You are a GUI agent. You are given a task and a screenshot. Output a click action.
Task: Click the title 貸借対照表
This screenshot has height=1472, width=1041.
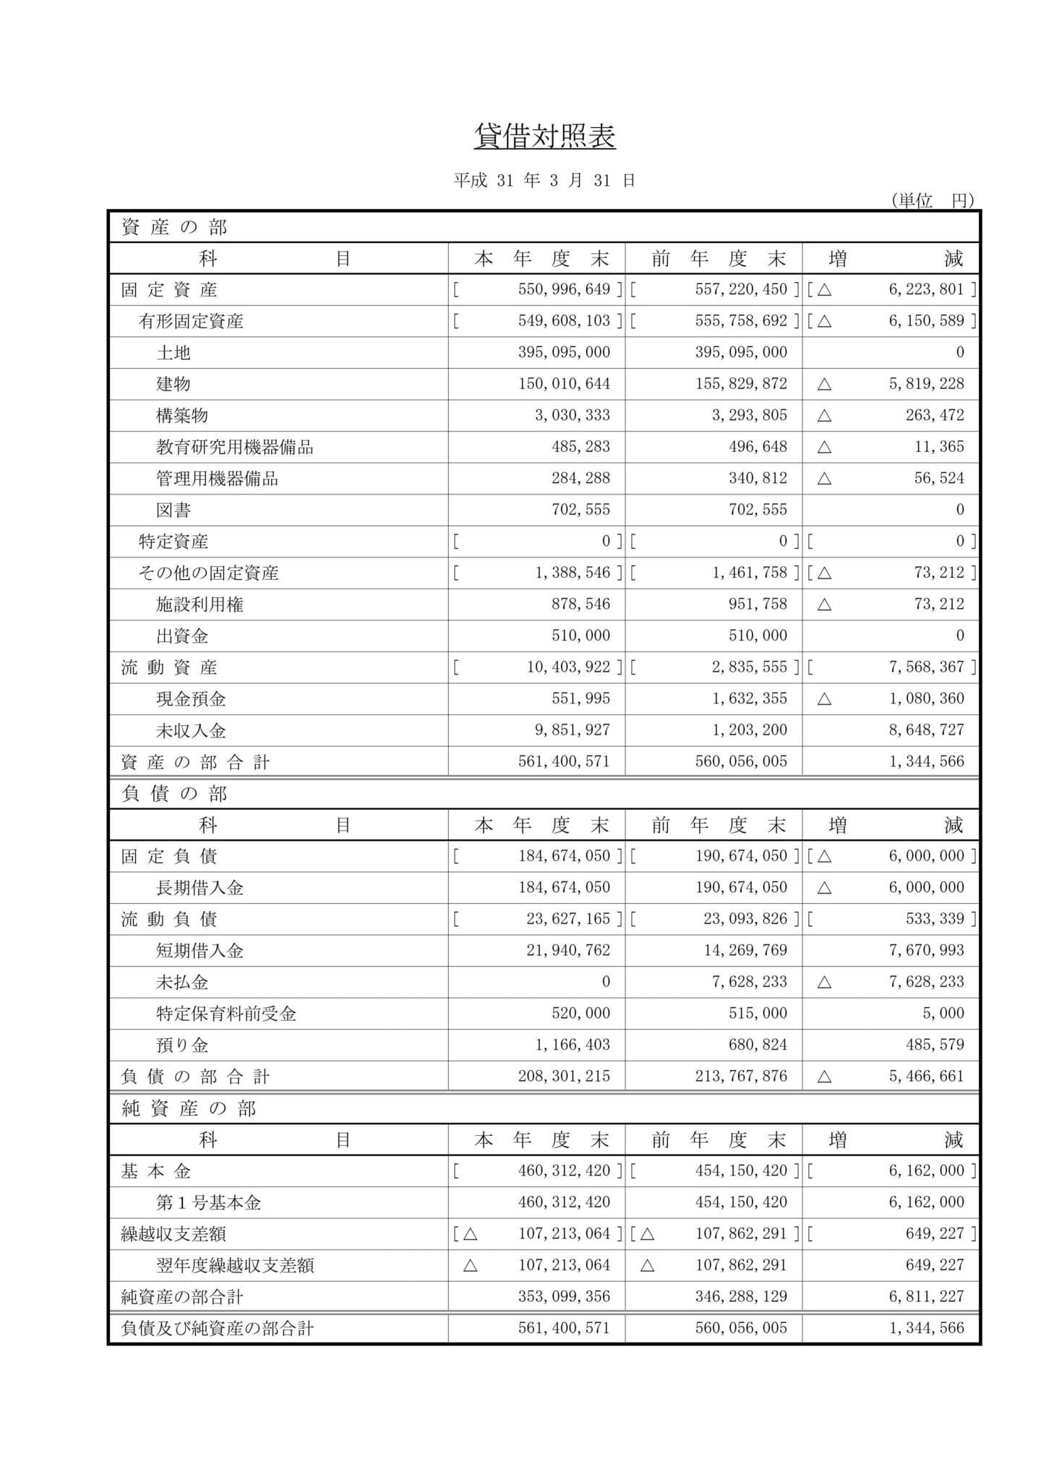pyautogui.click(x=544, y=136)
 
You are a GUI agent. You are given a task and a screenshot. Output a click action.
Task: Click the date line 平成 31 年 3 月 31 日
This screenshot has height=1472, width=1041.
pyautogui.click(x=544, y=181)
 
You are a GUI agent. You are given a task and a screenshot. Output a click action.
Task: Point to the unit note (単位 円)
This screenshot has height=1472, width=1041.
pyautogui.click(x=933, y=200)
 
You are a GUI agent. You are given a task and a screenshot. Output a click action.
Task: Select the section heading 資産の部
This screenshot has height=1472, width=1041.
pyautogui.click(x=174, y=227)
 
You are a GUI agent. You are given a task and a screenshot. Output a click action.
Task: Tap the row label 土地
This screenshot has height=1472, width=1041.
pyautogui.click(x=173, y=353)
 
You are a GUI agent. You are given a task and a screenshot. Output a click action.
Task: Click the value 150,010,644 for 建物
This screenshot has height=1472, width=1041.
pyautogui.click(x=564, y=384)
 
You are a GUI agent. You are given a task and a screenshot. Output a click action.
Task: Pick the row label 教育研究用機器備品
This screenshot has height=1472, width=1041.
pyautogui.click(x=235, y=447)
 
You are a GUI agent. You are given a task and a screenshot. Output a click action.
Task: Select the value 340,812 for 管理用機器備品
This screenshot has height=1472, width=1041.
pyautogui.click(x=758, y=479)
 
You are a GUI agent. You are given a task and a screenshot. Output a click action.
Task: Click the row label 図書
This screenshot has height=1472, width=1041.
pyautogui.click(x=173, y=510)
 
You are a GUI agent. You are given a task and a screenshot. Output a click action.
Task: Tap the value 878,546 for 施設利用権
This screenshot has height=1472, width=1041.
pyautogui.click(x=581, y=604)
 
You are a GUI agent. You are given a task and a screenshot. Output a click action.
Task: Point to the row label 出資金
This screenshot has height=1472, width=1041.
pyautogui.click(x=182, y=636)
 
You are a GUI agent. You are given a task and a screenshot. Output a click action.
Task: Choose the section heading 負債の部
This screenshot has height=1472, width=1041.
pyautogui.click(x=174, y=794)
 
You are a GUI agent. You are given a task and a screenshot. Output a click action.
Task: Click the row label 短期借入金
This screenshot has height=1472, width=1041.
pyautogui.click(x=200, y=951)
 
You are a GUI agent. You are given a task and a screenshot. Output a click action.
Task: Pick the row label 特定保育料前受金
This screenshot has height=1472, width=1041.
pyautogui.click(x=226, y=1014)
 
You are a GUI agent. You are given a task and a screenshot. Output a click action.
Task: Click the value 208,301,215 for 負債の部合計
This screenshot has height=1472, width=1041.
pyautogui.click(x=564, y=1077)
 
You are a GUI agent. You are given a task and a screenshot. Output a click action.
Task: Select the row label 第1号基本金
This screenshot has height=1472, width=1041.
pyautogui.click(x=208, y=1203)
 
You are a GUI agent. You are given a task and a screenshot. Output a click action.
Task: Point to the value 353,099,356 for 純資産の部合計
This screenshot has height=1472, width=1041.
pyautogui.click(x=564, y=1297)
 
